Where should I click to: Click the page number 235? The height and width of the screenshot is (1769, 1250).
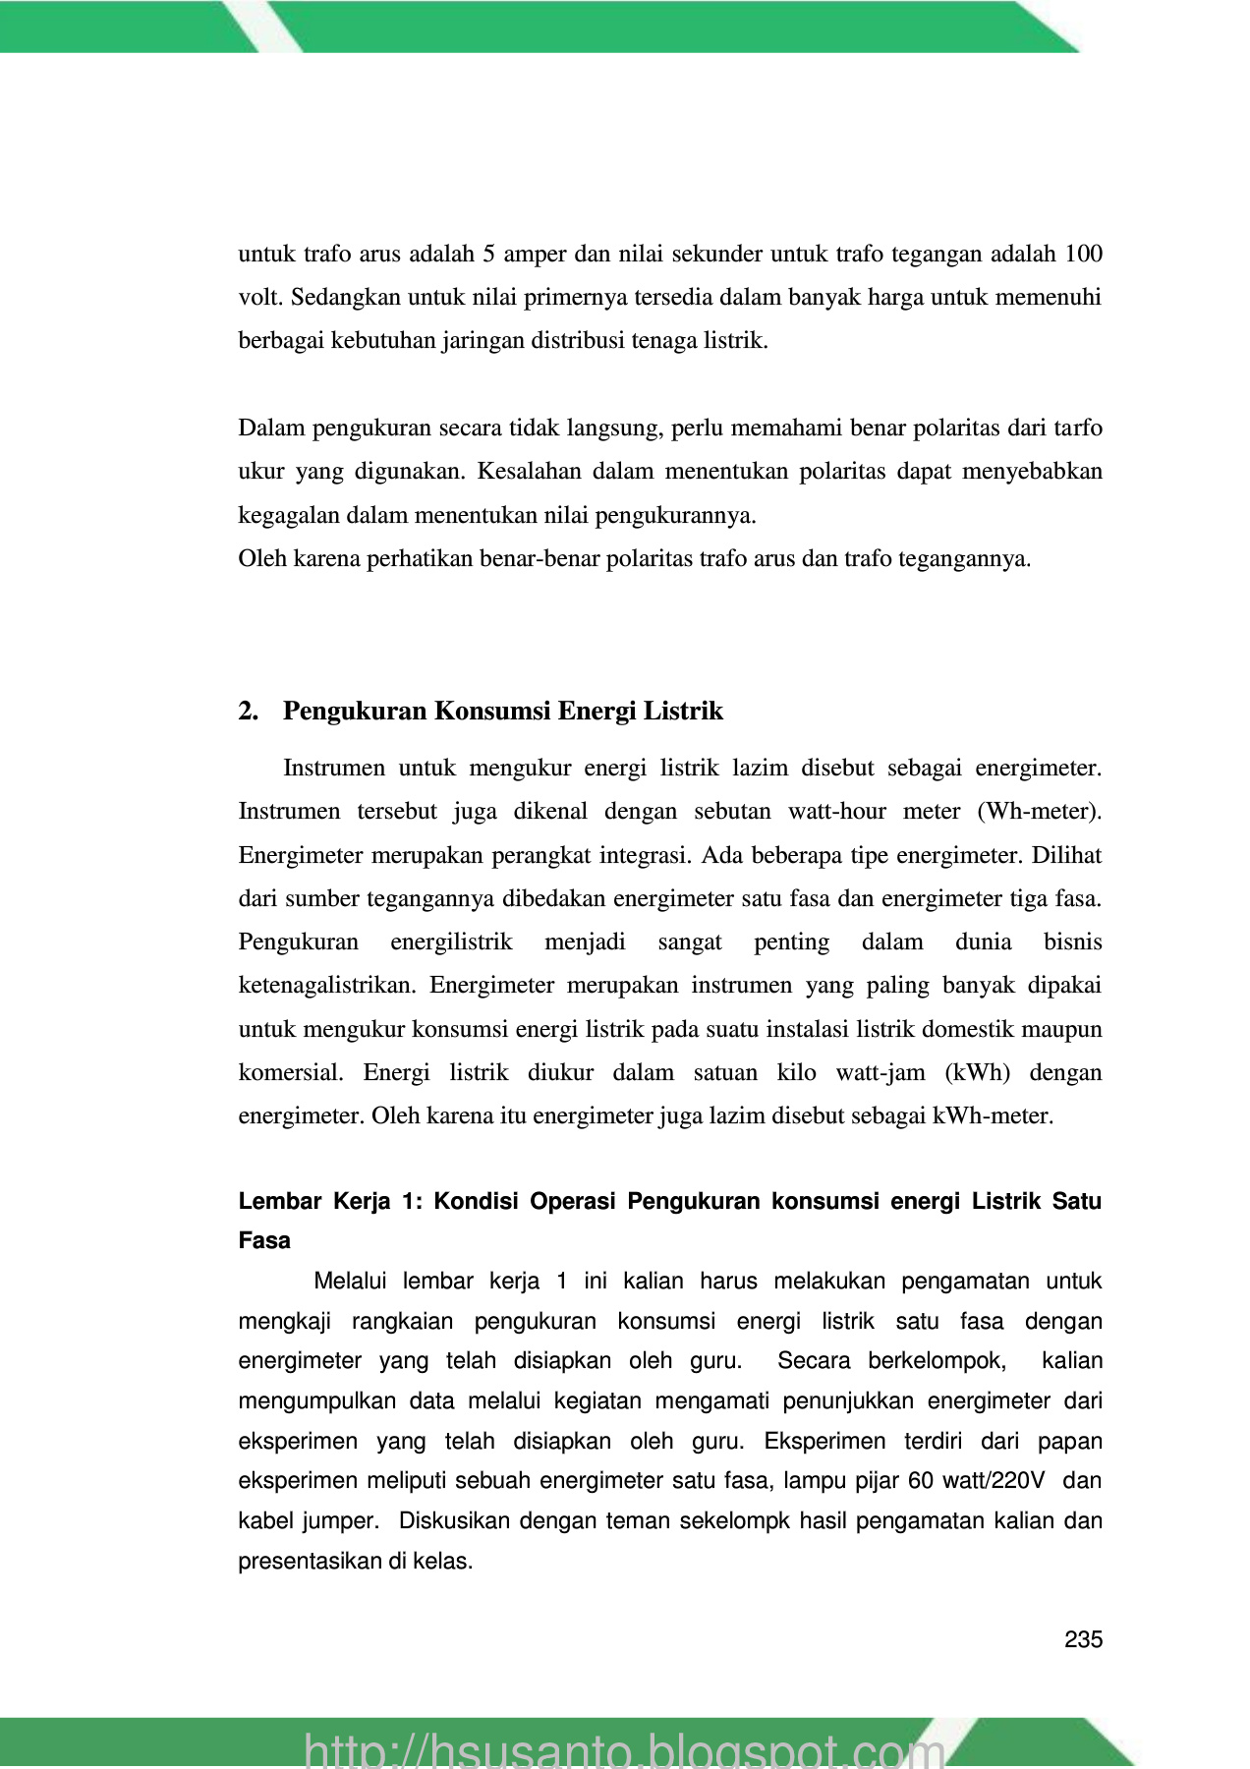[1083, 1639]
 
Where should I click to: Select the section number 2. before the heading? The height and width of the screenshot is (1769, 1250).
[248, 711]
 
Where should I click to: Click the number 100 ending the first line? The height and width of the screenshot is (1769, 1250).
[1083, 254]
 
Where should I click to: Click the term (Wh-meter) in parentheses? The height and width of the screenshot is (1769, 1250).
[1040, 812]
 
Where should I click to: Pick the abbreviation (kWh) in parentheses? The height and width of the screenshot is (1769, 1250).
[977, 1072]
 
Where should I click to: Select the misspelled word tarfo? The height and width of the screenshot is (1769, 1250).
[1078, 428]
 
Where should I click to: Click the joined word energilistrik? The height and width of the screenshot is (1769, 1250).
[451, 942]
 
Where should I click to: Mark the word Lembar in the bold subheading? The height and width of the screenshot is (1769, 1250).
[279, 1202]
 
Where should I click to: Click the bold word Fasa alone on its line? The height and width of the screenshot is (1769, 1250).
[264, 1240]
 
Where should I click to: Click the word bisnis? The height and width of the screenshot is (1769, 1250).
[1072, 942]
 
